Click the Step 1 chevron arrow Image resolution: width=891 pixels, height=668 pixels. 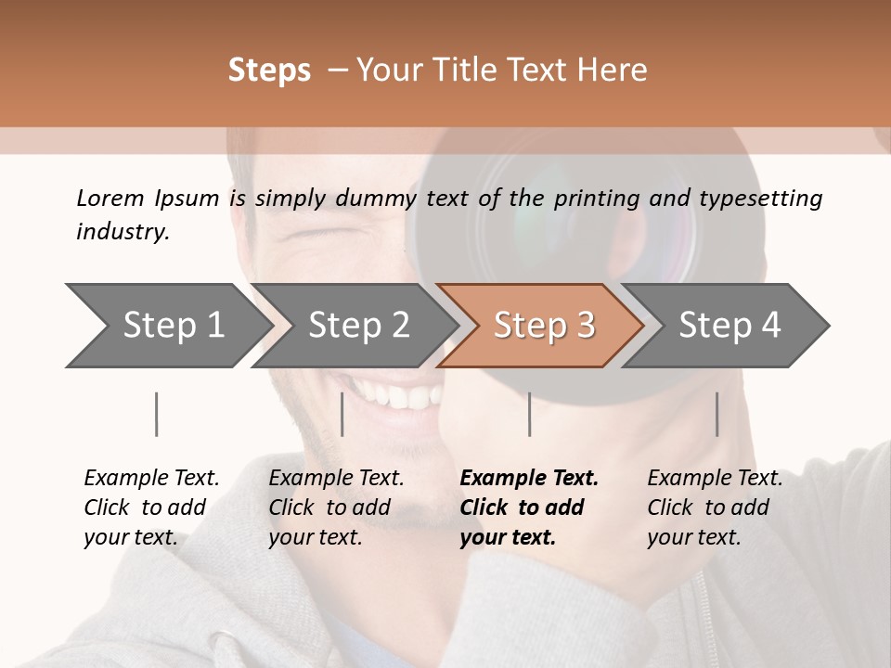(x=167, y=326)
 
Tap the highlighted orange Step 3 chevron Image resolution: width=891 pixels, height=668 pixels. (x=542, y=326)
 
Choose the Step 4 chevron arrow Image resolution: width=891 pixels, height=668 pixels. (x=729, y=326)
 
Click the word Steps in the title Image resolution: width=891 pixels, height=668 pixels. (x=269, y=71)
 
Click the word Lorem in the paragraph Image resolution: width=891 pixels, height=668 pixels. (x=110, y=198)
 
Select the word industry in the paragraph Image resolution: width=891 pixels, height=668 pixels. (x=123, y=232)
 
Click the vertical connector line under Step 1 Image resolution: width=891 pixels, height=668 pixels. (x=156, y=414)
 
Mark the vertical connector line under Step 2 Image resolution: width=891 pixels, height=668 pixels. (x=342, y=414)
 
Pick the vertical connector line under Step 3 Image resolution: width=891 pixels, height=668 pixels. (x=529, y=414)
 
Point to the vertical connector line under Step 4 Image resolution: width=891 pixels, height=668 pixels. (x=717, y=414)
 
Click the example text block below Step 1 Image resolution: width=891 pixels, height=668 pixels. (x=150, y=507)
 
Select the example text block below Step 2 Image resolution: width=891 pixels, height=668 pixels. (x=336, y=507)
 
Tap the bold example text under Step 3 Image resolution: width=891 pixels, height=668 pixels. (x=528, y=507)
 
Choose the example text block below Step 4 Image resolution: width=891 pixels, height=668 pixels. (x=714, y=507)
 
